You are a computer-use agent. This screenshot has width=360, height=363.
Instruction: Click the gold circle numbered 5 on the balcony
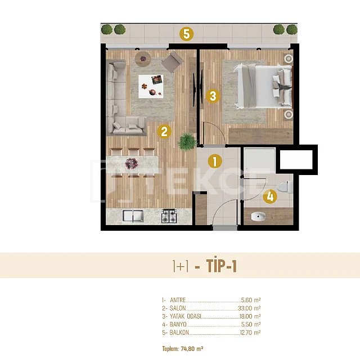point(187,34)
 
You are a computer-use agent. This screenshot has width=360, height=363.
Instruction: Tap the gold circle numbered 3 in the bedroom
point(213,96)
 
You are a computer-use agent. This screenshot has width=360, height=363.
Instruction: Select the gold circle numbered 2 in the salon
point(164,132)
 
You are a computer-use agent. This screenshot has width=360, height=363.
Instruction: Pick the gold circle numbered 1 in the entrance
point(215,161)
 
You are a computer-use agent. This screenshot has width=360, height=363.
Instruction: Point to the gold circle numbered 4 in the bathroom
point(270,197)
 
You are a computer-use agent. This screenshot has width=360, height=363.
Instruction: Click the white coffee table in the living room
point(151,86)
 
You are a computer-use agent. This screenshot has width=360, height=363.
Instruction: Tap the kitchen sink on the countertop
point(133,216)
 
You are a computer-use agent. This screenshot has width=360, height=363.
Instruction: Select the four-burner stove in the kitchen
point(169,216)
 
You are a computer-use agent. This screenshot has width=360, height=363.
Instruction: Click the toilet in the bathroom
point(285,187)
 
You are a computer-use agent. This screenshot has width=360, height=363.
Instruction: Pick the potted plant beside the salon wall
point(187,141)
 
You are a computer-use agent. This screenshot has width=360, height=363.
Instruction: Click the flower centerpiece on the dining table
point(132,163)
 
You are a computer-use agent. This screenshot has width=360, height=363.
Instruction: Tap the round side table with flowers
point(143,59)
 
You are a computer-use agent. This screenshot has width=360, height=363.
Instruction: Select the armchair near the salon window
point(173,61)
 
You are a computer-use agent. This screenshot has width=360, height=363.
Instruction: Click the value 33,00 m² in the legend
point(249,308)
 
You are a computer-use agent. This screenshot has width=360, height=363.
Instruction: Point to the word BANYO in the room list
point(178,324)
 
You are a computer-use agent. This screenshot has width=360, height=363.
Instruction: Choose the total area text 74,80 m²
point(192,348)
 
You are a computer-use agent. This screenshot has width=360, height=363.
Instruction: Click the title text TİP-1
point(222,266)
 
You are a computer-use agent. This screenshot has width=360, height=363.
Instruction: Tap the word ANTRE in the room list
point(178,300)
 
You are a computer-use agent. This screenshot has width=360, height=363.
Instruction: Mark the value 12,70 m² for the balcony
point(250,333)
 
